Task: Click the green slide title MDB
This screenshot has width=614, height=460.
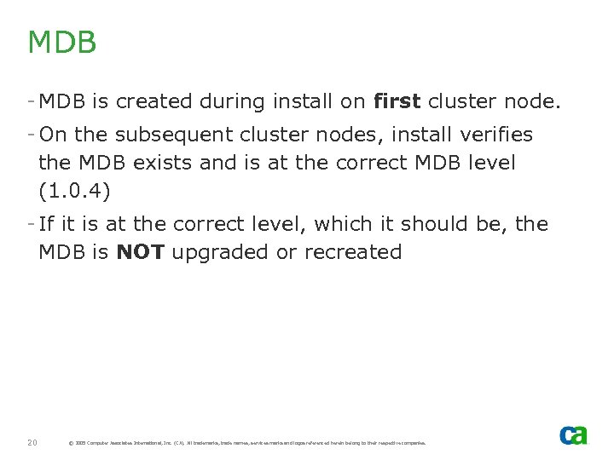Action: [62, 42]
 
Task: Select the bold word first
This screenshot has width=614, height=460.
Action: [397, 102]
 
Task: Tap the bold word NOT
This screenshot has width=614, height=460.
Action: [140, 252]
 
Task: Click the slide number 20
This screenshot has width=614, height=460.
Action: [32, 442]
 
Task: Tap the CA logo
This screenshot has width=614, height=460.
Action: [573, 434]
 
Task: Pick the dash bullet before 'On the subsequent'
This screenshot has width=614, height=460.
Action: [31, 135]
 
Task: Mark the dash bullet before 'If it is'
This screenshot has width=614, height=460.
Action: [31, 224]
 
